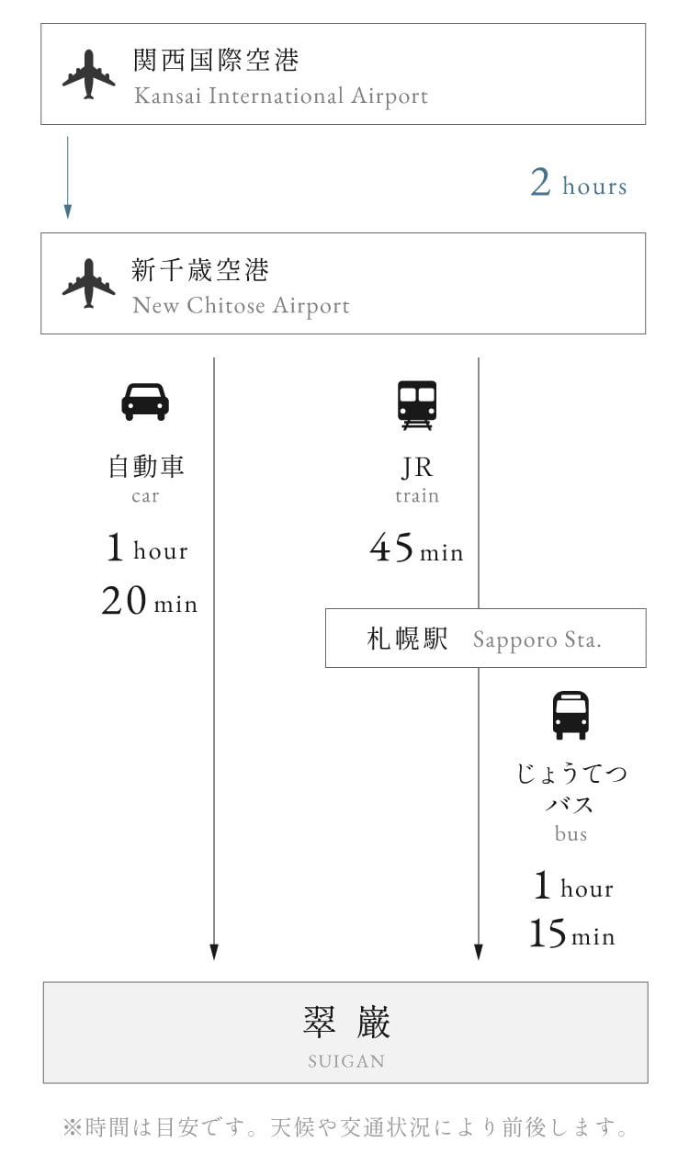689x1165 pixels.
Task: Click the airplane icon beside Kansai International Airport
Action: coord(89,74)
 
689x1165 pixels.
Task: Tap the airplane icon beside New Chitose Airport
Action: coord(89,284)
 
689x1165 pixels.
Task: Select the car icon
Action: coord(145,402)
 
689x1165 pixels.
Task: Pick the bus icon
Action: coord(570,715)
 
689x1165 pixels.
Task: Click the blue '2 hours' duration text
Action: coord(579,183)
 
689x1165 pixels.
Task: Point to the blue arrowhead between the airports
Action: coord(68,211)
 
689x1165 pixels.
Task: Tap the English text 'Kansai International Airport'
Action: coord(281,96)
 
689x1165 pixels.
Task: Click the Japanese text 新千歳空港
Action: coord(200,270)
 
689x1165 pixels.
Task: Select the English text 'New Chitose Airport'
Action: coord(242,306)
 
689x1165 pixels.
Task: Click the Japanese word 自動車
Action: coord(145,466)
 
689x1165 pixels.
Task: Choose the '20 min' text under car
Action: coord(149,601)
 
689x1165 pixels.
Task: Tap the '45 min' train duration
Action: coord(416,548)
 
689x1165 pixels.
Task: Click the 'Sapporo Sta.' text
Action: coord(537,639)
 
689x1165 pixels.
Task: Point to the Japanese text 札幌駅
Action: coord(407,639)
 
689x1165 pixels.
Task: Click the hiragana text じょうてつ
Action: coord(571,774)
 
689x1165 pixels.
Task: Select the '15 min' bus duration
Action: coord(572,933)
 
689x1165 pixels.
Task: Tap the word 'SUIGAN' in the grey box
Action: coord(346,1061)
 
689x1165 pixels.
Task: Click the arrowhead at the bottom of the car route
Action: coord(214,952)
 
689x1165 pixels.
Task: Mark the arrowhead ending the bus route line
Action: coord(479,952)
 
